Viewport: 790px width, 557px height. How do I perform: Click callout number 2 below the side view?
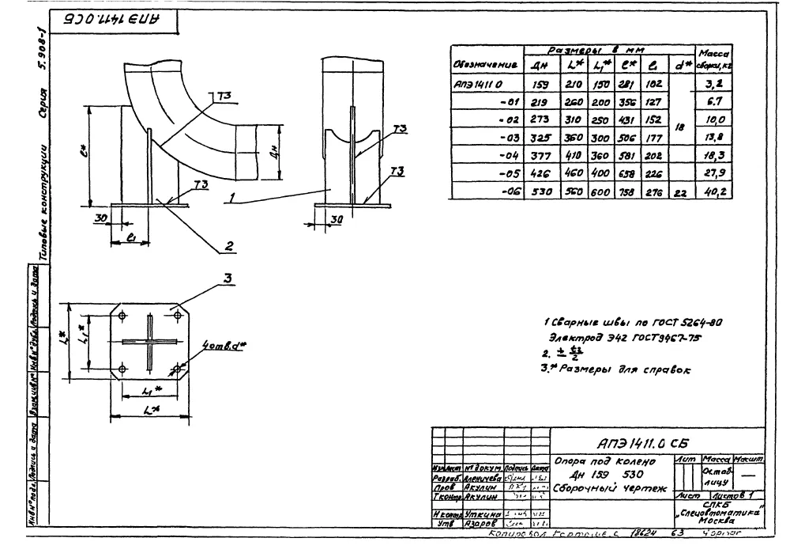coord(228,246)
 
